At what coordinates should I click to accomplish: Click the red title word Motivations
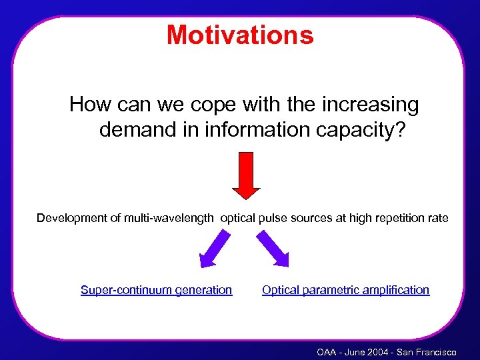tap(240, 35)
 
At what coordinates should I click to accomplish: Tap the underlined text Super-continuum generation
tap(156, 290)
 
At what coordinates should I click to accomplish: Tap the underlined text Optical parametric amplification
tap(345, 290)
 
